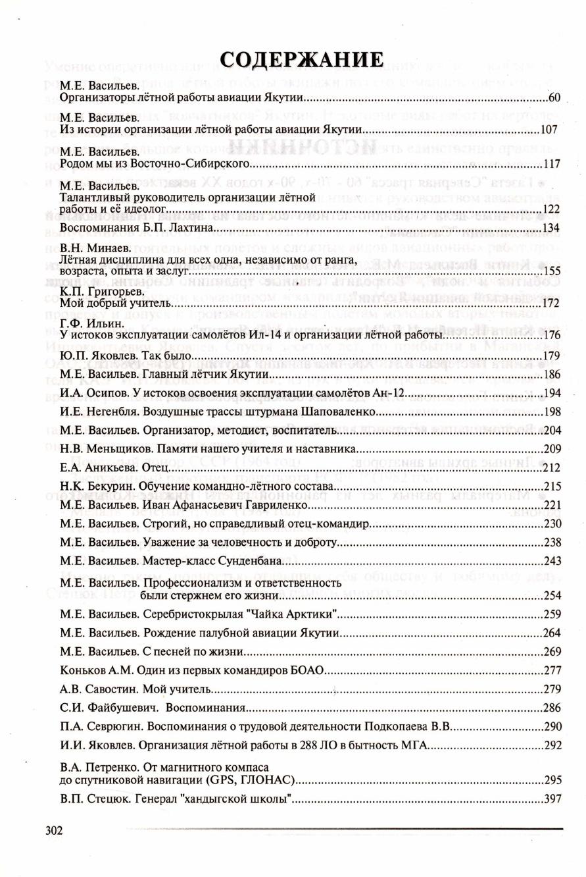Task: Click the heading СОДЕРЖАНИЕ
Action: point(302,59)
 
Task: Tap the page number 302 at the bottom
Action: point(54,830)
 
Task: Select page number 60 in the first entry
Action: point(554,98)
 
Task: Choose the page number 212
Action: point(552,468)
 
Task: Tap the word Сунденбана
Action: point(250,561)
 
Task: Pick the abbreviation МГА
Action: point(415,745)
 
